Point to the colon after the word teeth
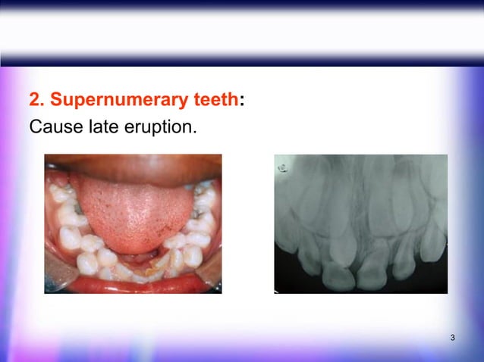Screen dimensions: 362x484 coord(241,101)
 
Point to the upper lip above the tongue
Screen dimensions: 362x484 coord(133,164)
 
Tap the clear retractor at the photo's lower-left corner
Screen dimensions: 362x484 coord(55,280)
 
